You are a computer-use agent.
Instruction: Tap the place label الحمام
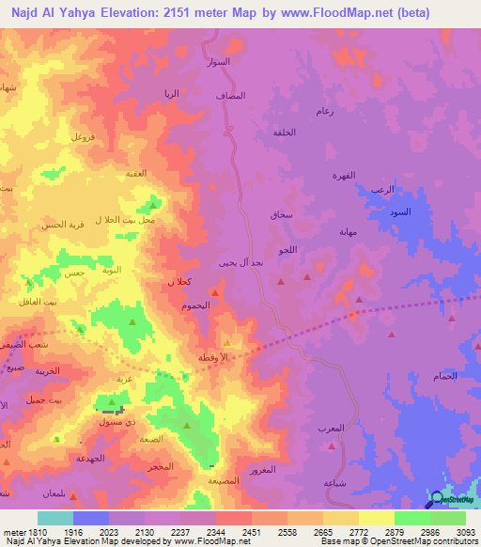445,376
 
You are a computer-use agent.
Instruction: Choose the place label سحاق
282,215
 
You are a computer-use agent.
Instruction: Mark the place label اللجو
287,250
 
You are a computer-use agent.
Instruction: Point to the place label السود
400,212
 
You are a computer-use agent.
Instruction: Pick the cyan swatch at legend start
54,518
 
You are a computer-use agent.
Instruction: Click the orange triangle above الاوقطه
226,344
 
